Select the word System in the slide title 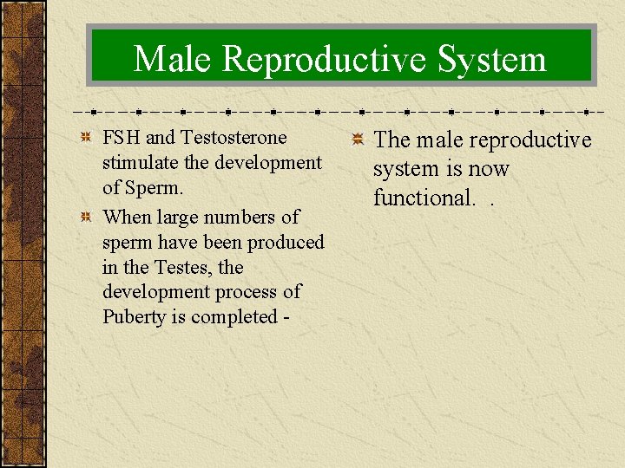(492, 60)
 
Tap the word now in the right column (489, 169)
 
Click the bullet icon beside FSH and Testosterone (85, 139)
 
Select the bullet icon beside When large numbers (85, 218)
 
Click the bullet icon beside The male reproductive (356, 141)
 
